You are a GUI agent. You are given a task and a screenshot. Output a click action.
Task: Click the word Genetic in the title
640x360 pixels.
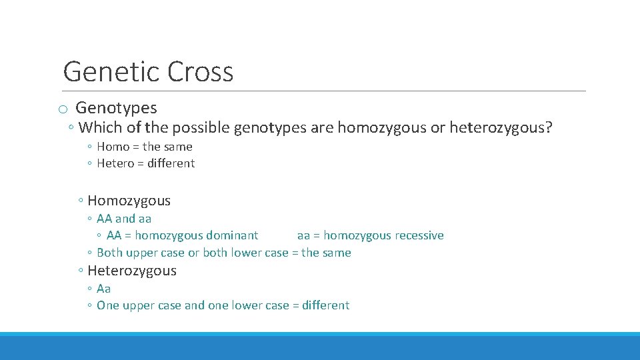pos(111,71)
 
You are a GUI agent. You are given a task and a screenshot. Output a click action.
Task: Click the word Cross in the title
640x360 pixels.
pos(201,71)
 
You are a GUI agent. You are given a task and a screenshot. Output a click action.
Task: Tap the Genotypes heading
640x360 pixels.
pos(116,107)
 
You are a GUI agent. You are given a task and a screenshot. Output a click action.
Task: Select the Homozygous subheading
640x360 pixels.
pos(129,201)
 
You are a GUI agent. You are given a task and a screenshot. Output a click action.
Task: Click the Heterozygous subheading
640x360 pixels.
pos(132,271)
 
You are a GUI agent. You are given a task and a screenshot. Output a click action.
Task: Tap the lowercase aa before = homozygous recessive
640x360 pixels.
pos(303,235)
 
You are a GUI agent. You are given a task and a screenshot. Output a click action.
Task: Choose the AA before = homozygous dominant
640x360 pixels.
pos(114,235)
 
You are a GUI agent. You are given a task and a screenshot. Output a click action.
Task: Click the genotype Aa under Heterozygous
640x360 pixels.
pos(104,289)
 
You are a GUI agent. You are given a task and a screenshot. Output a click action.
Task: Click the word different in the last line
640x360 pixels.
pos(325,305)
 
